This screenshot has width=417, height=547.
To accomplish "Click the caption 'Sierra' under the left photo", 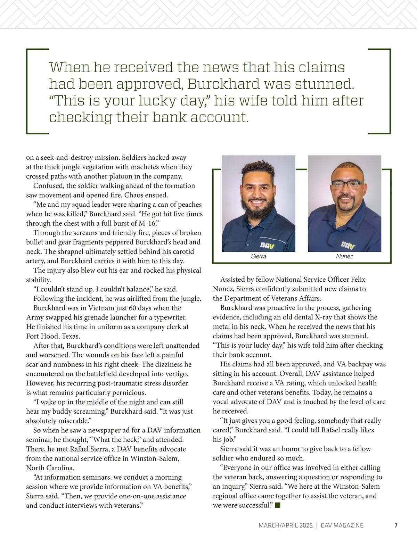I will (258, 256).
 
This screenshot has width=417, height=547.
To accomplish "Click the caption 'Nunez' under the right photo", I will (344, 256).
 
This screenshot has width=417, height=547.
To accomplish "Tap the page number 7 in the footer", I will (396, 525).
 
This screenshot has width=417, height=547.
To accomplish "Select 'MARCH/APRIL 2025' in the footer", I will (285, 525).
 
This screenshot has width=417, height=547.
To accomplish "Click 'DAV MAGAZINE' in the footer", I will (342, 525).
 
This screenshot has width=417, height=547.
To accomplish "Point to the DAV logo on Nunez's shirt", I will (348, 245).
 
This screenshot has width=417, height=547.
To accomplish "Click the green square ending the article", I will (277, 505).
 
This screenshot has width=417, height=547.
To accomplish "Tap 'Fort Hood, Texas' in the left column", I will (53, 336).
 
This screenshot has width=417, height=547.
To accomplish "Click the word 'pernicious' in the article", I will (129, 393).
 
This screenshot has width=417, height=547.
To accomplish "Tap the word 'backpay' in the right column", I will (360, 364).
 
